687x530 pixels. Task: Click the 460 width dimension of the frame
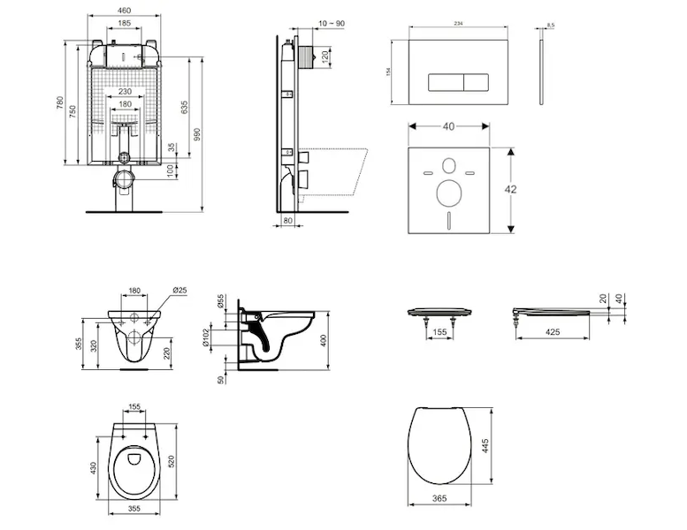click(124, 11)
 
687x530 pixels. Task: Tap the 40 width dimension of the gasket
click(448, 127)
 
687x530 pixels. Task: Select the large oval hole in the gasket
click(448, 191)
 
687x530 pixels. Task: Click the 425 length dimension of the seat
click(553, 333)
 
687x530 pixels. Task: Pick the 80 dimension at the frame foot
click(288, 221)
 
